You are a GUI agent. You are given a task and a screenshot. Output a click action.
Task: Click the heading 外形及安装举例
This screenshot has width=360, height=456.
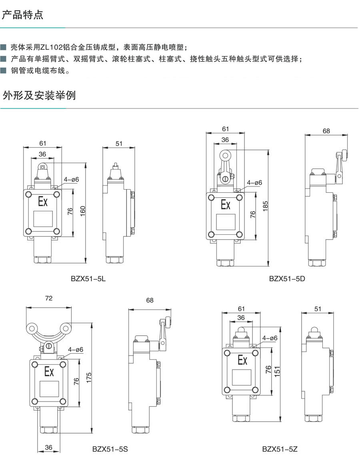point(39,96)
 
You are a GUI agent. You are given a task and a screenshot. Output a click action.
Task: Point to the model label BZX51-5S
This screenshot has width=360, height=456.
point(110,449)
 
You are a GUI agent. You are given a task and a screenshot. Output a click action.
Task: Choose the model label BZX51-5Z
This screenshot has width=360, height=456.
point(280,449)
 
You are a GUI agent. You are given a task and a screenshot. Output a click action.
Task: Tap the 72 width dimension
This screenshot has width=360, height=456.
point(49,298)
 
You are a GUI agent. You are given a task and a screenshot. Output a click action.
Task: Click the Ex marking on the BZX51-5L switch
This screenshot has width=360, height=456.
point(42,201)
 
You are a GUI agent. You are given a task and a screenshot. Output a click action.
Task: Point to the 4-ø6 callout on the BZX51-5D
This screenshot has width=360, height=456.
point(254,183)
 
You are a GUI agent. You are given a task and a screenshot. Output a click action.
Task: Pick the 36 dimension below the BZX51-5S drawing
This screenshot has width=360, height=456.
point(48,448)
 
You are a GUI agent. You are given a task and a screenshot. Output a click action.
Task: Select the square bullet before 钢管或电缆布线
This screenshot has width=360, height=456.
point(4,72)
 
